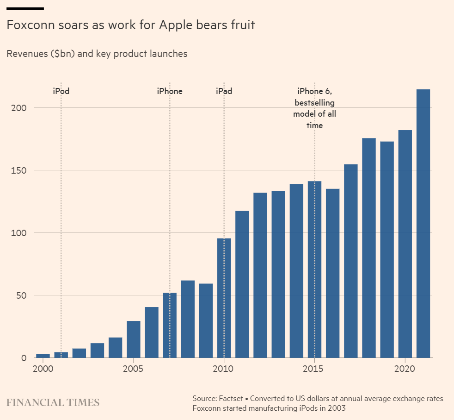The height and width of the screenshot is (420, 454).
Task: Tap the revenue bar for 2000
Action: pos(43,356)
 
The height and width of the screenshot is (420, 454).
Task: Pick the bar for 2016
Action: pos(333,273)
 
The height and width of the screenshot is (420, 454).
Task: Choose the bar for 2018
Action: pos(369,248)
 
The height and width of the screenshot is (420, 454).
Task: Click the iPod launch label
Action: pos(61,91)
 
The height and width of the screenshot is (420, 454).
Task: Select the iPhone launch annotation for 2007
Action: pos(170,91)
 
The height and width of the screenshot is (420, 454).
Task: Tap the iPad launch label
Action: pos(224,91)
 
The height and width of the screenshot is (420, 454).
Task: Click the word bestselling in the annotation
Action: pos(314,102)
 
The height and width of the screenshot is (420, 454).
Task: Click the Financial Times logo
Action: pos(53,402)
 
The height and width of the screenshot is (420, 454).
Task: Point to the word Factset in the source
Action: pos(231,398)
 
